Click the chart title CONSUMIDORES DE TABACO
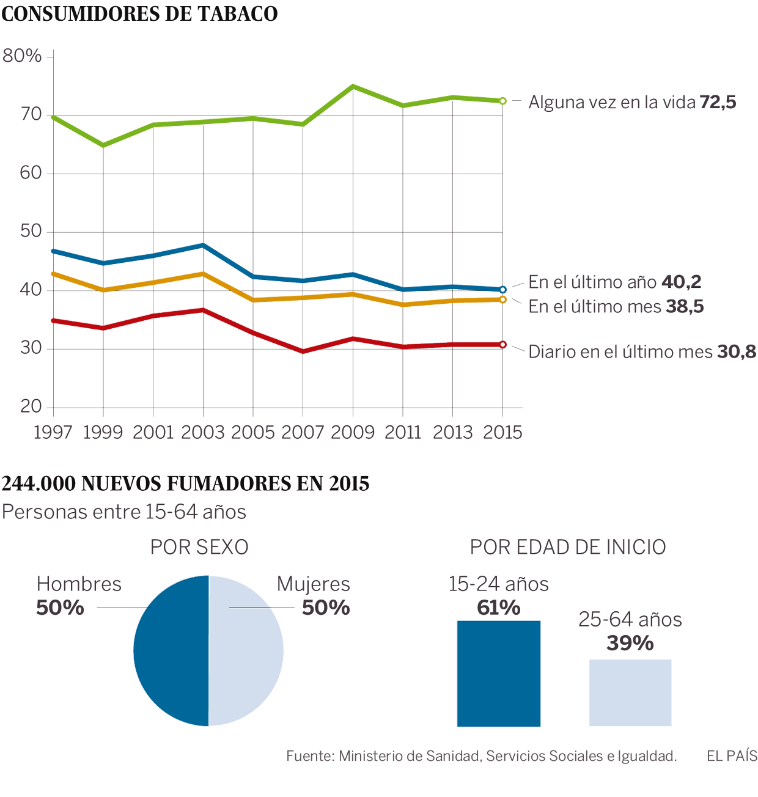[x=139, y=14]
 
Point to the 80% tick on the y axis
[x=22, y=56]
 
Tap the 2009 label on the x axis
[x=353, y=433]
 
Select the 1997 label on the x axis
[x=53, y=433]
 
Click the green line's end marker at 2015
[x=502, y=101]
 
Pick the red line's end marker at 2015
[x=502, y=345]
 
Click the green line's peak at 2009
[x=353, y=86]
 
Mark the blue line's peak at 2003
[x=203, y=245]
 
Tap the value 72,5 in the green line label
[x=718, y=102]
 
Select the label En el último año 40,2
[x=614, y=282]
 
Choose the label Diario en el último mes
[x=620, y=352]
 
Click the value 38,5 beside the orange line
[x=685, y=306]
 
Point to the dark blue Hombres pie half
[x=171, y=652]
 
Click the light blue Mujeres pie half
[x=246, y=652]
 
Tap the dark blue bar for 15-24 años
[x=499, y=674]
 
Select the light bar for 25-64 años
[x=630, y=692]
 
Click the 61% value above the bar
[x=499, y=608]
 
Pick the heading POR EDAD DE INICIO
[x=568, y=547]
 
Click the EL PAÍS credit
[x=732, y=757]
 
